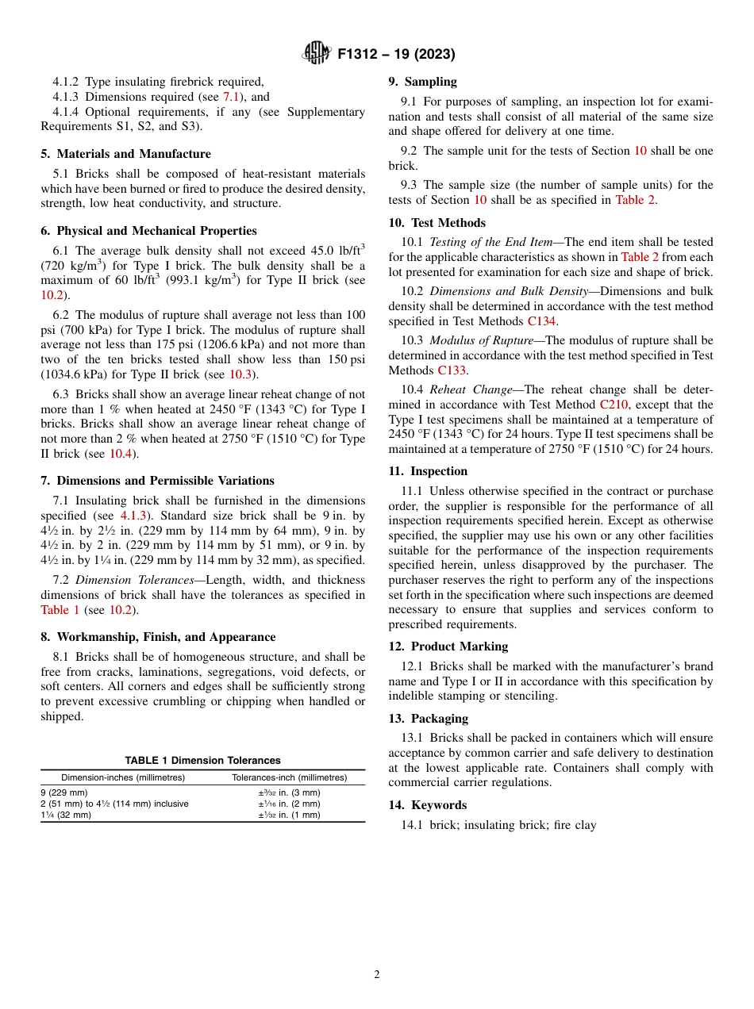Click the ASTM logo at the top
[x=317, y=54]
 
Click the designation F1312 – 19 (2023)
[x=396, y=55]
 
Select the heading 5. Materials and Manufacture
[x=125, y=154]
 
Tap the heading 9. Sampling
[x=422, y=82]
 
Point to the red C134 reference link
[x=541, y=321]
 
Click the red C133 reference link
[x=452, y=370]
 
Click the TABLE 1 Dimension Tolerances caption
[x=202, y=760]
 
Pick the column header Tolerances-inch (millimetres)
[x=289, y=777]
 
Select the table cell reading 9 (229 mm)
[x=64, y=792]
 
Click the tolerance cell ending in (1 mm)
[x=289, y=815]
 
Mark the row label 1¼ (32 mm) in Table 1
[x=66, y=815]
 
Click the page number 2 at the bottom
[x=377, y=975]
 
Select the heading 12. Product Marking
[x=448, y=646]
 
